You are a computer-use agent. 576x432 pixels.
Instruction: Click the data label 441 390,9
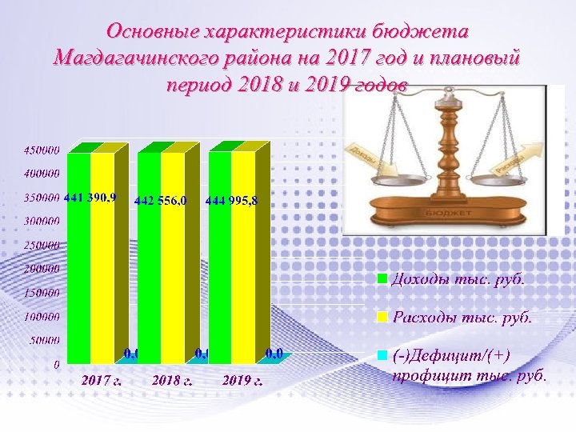(90, 197)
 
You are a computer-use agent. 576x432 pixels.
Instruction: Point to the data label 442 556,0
(160, 200)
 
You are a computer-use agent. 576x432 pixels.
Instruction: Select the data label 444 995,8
(231, 200)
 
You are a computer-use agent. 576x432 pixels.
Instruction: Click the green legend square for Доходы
(382, 278)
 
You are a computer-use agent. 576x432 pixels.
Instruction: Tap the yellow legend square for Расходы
(382, 317)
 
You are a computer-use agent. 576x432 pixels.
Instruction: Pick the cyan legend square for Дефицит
(382, 354)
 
